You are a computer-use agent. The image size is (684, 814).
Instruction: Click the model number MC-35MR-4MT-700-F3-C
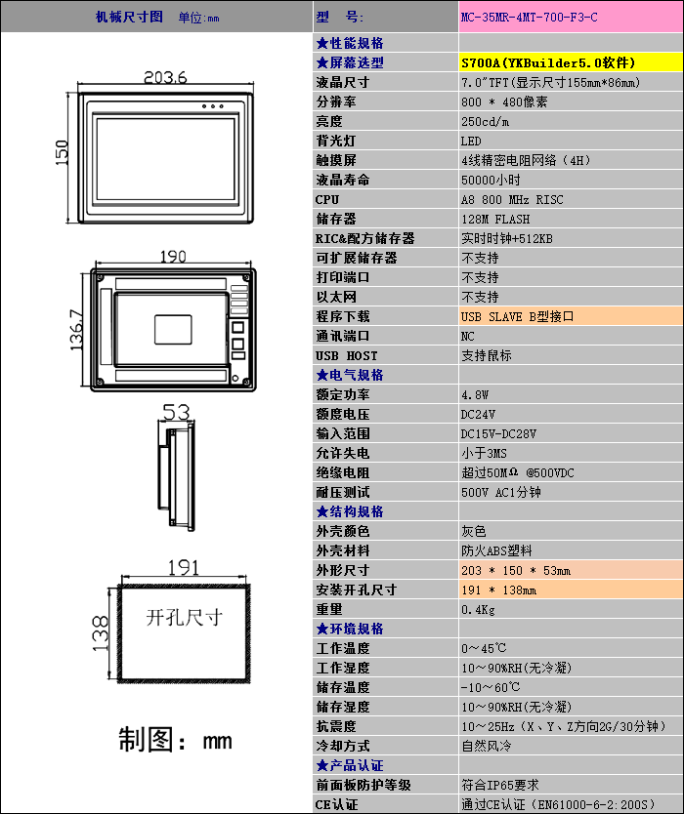click(529, 18)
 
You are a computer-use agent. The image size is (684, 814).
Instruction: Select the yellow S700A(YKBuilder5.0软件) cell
click(548, 62)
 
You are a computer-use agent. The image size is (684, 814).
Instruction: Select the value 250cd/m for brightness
click(485, 122)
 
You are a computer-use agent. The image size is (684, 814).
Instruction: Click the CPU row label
click(327, 200)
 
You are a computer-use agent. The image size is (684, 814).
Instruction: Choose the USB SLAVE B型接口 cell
click(517, 317)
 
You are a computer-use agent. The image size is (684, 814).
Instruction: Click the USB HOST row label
click(346, 356)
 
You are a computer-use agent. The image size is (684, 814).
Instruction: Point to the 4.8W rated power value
click(475, 395)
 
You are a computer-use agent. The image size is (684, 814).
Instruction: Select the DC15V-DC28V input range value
click(498, 434)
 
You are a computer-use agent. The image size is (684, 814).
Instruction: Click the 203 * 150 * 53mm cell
click(516, 571)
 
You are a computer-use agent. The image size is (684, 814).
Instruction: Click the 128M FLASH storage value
click(495, 220)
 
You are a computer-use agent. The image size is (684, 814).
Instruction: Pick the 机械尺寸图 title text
click(129, 18)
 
